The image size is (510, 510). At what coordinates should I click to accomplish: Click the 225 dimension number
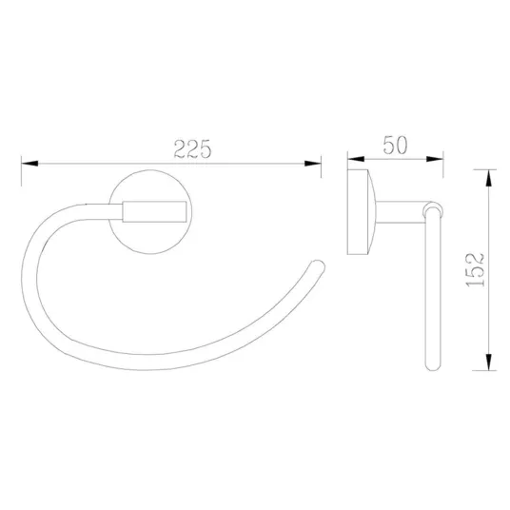[x=192, y=149]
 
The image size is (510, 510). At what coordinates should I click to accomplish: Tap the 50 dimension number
[x=395, y=145]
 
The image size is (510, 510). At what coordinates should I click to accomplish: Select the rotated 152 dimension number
[x=475, y=269]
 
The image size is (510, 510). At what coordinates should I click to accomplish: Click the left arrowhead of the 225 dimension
[x=29, y=164]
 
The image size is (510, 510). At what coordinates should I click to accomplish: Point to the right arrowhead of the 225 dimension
[x=313, y=164]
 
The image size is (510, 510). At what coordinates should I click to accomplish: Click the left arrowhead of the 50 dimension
[x=356, y=159]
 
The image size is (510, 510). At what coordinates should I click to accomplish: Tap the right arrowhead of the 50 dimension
[x=435, y=159]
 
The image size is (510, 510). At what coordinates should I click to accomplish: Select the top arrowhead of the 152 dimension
[x=488, y=178]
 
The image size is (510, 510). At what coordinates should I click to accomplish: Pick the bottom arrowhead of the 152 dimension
[x=488, y=362]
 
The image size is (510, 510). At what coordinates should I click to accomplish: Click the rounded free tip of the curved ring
[x=318, y=266]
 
